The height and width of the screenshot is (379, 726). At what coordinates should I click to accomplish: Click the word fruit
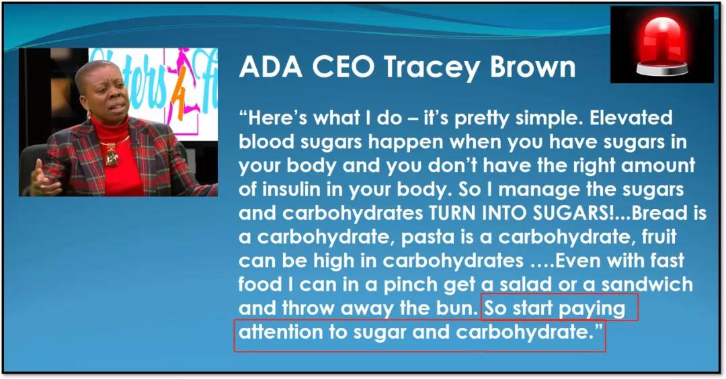click(x=659, y=237)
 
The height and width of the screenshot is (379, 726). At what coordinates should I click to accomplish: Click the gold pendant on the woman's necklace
click(x=112, y=155)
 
